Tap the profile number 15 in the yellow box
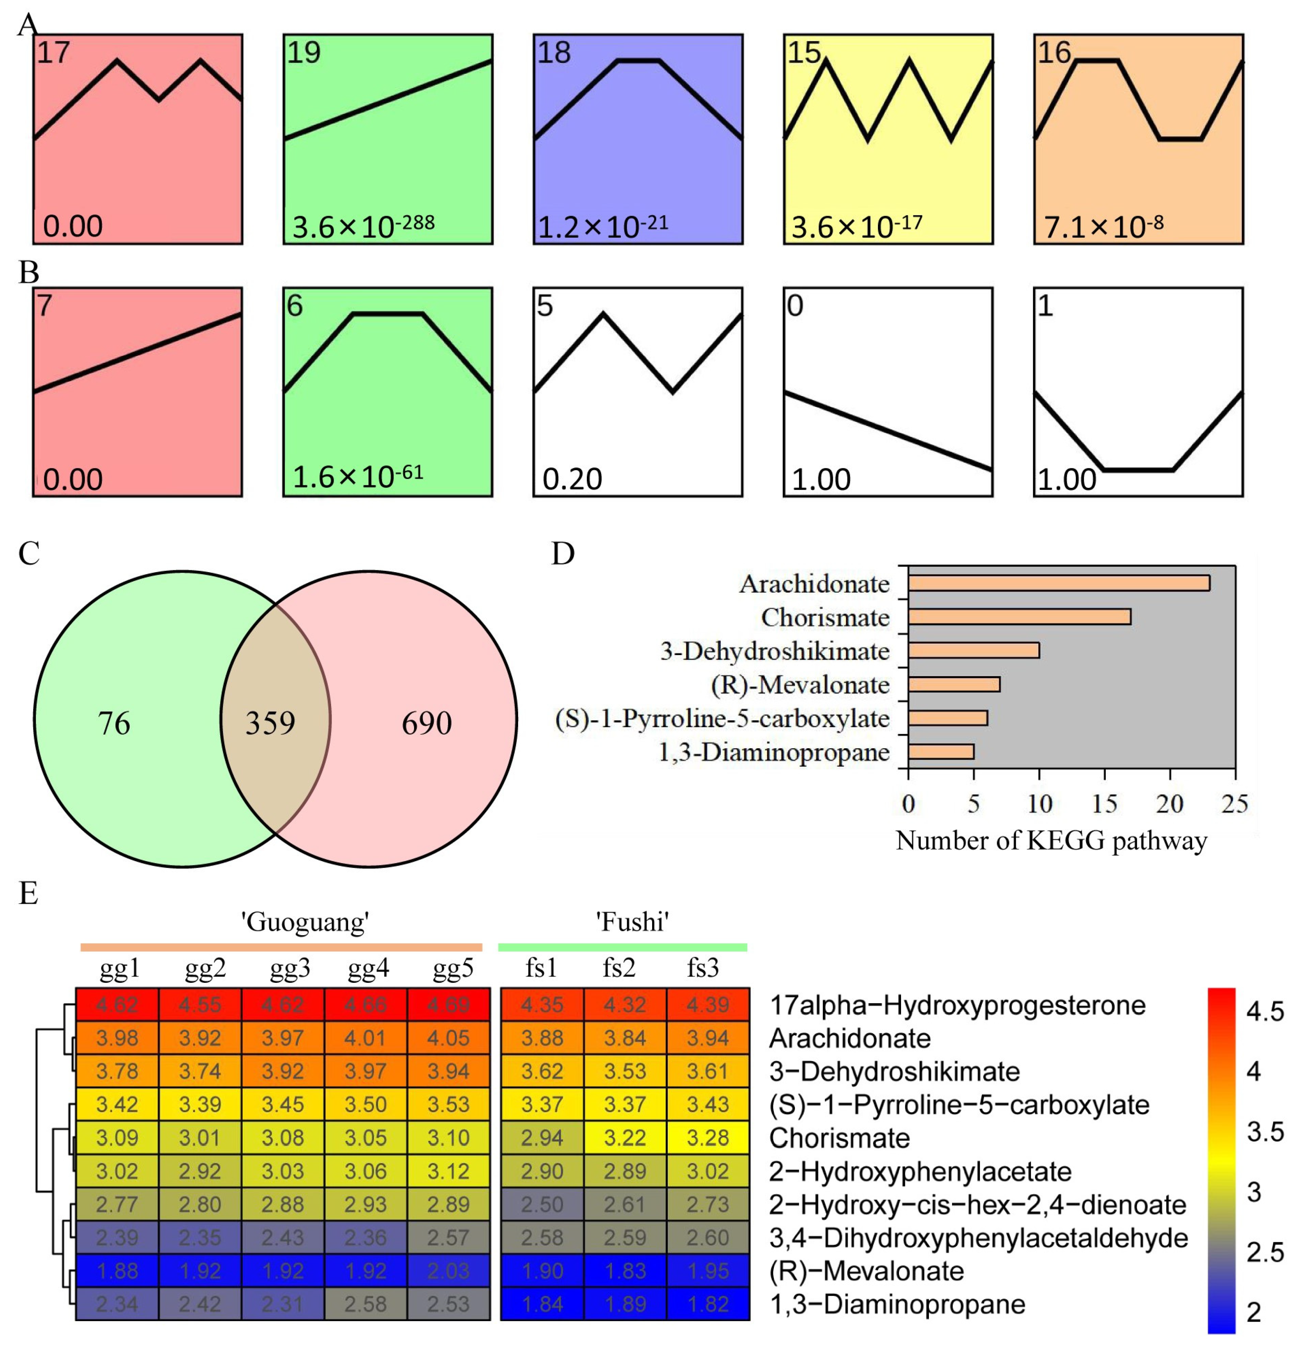coord(803,52)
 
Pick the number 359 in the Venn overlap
coord(270,723)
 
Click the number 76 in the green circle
coord(114,723)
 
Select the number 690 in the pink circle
coord(426,723)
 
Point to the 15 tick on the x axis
coord(1104,803)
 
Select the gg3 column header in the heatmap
coord(290,968)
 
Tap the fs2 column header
coord(619,968)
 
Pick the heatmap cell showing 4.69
coord(449,1005)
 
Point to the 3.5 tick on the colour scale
coord(1265,1131)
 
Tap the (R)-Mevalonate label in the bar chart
coord(801,685)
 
